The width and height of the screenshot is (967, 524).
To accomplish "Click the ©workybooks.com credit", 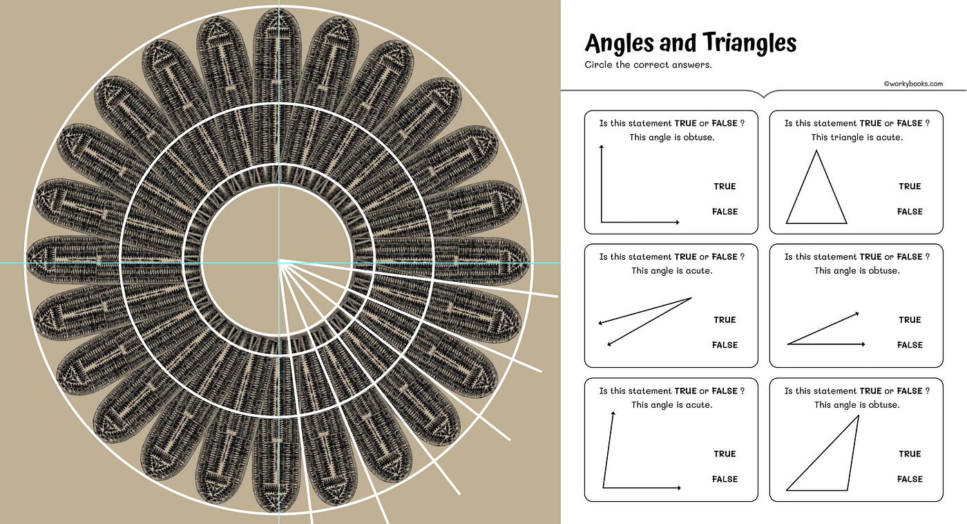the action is pyautogui.click(x=913, y=84).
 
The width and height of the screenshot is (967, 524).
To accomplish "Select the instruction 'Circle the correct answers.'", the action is pyautogui.click(x=648, y=65).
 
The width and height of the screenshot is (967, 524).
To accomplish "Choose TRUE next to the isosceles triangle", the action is pyautogui.click(x=910, y=186).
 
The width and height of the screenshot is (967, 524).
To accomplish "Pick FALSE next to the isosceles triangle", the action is pyautogui.click(x=910, y=212).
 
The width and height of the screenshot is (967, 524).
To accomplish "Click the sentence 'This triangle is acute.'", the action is pyautogui.click(x=856, y=138).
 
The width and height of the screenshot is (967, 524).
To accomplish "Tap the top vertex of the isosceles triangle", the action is pyautogui.click(x=816, y=150).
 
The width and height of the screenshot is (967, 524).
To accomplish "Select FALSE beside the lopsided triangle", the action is pyautogui.click(x=910, y=479).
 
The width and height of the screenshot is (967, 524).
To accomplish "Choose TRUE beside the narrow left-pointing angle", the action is pyautogui.click(x=725, y=319).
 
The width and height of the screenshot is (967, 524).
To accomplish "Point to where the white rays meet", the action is pyautogui.click(x=280, y=262).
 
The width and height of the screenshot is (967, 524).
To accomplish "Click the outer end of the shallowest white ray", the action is pyautogui.click(x=557, y=297).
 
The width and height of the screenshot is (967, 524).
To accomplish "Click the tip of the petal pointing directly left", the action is pyautogui.click(x=27, y=259).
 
